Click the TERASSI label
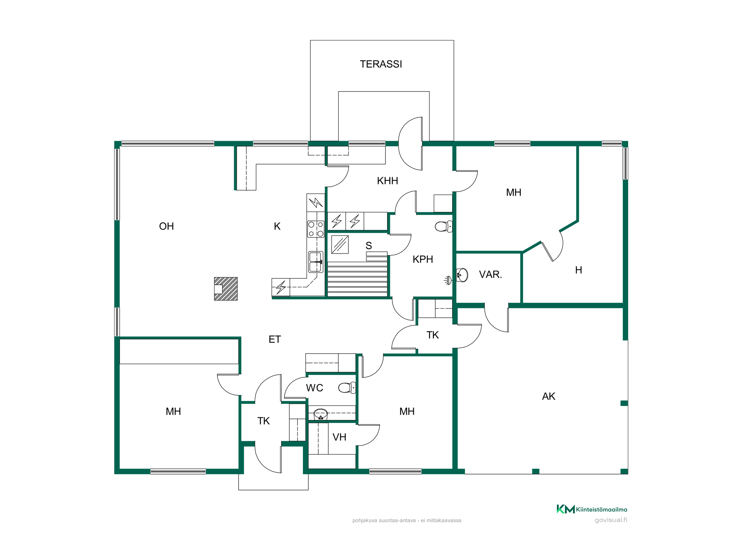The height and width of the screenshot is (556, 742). tap(381, 64)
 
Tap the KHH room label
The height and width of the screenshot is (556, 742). tap(387, 181)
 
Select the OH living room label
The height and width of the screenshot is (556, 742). tap(166, 226)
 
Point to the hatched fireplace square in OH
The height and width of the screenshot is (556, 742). tap(226, 289)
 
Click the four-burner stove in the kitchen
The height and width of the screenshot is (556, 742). tap(316, 229)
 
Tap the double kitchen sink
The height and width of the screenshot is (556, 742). tap(316, 262)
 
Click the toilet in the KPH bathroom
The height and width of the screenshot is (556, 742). tap(443, 226)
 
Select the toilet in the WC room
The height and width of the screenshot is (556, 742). tap(347, 388)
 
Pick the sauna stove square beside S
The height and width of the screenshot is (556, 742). tap(340, 245)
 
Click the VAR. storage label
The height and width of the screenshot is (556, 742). tap(490, 275)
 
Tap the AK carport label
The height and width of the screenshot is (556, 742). tap(548, 397)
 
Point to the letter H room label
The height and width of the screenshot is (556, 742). tap(578, 270)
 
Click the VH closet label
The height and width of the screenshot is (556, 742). tap(339, 437)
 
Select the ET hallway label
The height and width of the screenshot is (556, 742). tap(275, 340)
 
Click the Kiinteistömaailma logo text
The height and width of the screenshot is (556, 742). tap(601, 510)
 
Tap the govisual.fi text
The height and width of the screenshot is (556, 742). tap(611, 520)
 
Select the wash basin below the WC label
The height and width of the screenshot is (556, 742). tap(321, 414)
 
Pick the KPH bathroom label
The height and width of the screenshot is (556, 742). tap(423, 259)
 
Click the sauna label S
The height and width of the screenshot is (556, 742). tap(369, 246)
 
